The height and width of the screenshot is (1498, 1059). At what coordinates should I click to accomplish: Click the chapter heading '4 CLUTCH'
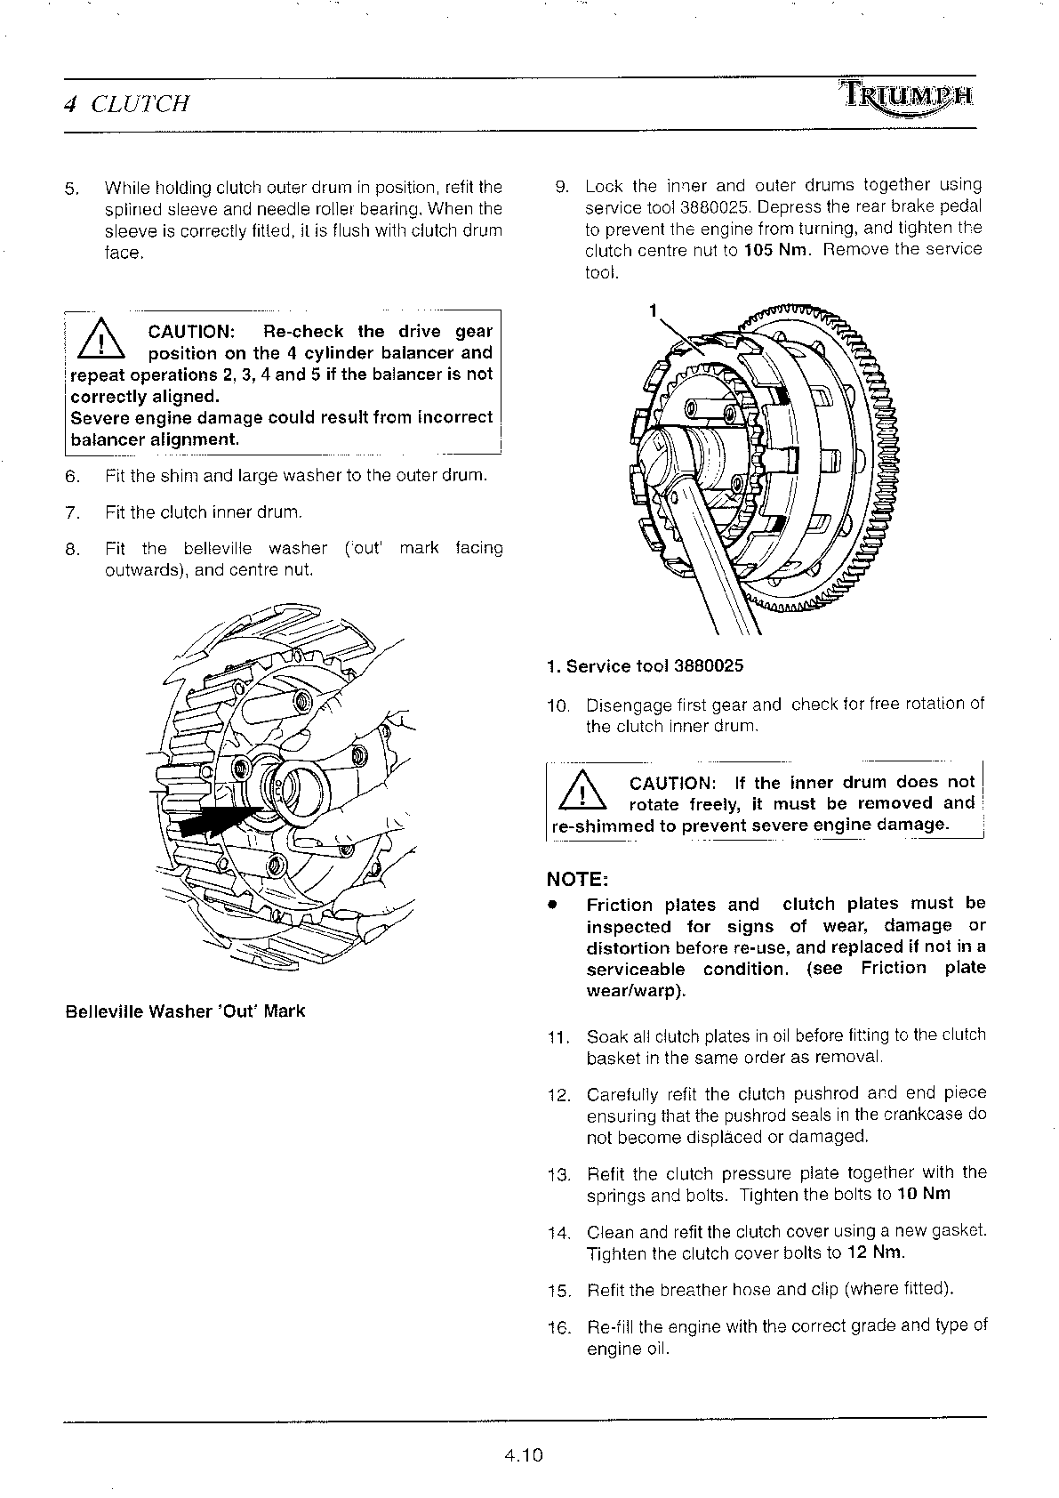coord(127,104)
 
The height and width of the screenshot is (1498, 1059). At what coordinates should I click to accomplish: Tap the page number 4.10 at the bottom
coord(523,1455)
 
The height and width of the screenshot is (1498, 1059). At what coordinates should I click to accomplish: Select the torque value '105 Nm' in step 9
coord(777,250)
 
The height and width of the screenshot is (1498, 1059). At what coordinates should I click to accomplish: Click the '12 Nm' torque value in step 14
coord(874,1253)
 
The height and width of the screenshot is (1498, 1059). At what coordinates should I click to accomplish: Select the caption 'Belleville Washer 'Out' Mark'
coord(185,1011)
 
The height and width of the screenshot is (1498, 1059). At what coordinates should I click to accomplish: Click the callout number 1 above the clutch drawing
coord(653,310)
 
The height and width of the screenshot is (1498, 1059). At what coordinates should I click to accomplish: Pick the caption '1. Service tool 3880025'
coord(645,666)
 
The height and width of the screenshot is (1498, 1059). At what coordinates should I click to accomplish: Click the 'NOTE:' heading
coord(577,880)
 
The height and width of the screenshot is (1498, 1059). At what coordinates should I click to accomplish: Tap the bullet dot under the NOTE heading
coord(552,905)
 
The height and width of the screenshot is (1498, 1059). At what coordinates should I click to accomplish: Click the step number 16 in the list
coord(558,1329)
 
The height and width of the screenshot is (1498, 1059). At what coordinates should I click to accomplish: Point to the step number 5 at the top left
coord(72,189)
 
